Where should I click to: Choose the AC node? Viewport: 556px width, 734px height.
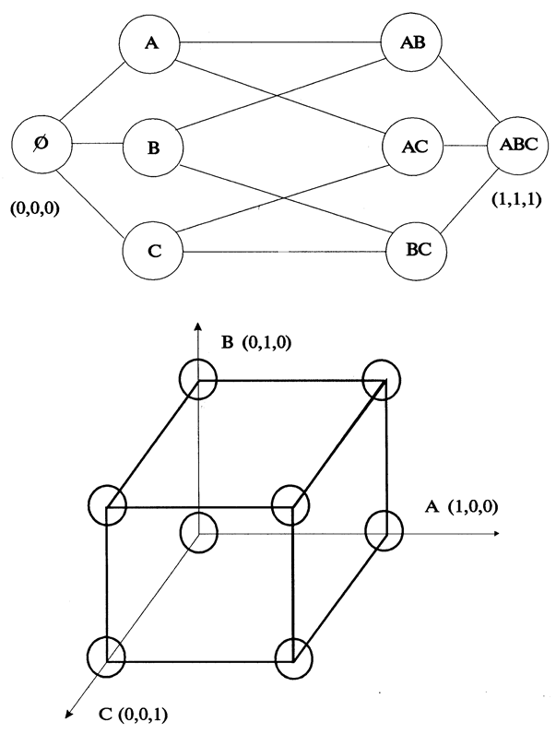coord(413,147)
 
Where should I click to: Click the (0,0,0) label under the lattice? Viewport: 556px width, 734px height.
coord(33,209)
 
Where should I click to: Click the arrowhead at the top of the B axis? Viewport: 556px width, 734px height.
coord(197,326)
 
